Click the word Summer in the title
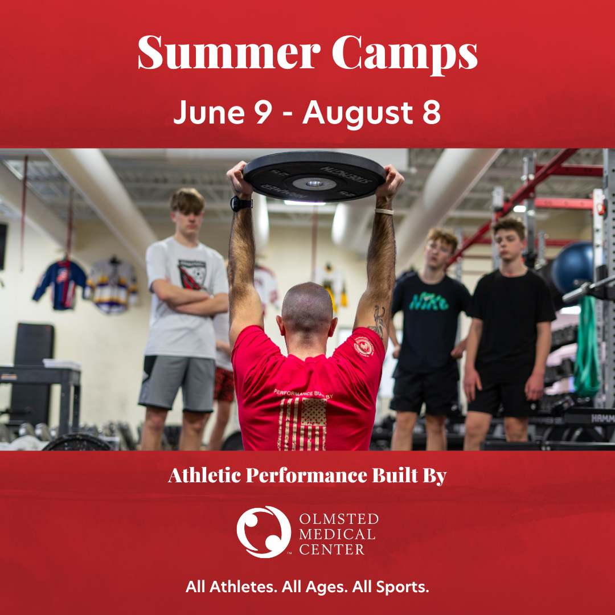click(229, 52)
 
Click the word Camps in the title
click(405, 55)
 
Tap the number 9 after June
click(263, 112)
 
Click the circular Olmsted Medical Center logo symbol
click(264, 532)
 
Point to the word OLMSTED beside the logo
click(339, 519)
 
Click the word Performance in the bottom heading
click(306, 475)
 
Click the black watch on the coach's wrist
click(240, 203)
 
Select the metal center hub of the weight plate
click(314, 183)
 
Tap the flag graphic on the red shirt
click(302, 424)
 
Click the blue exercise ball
click(573, 268)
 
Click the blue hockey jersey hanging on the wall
click(60, 284)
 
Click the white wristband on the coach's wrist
click(384, 211)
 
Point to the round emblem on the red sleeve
click(363, 346)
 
